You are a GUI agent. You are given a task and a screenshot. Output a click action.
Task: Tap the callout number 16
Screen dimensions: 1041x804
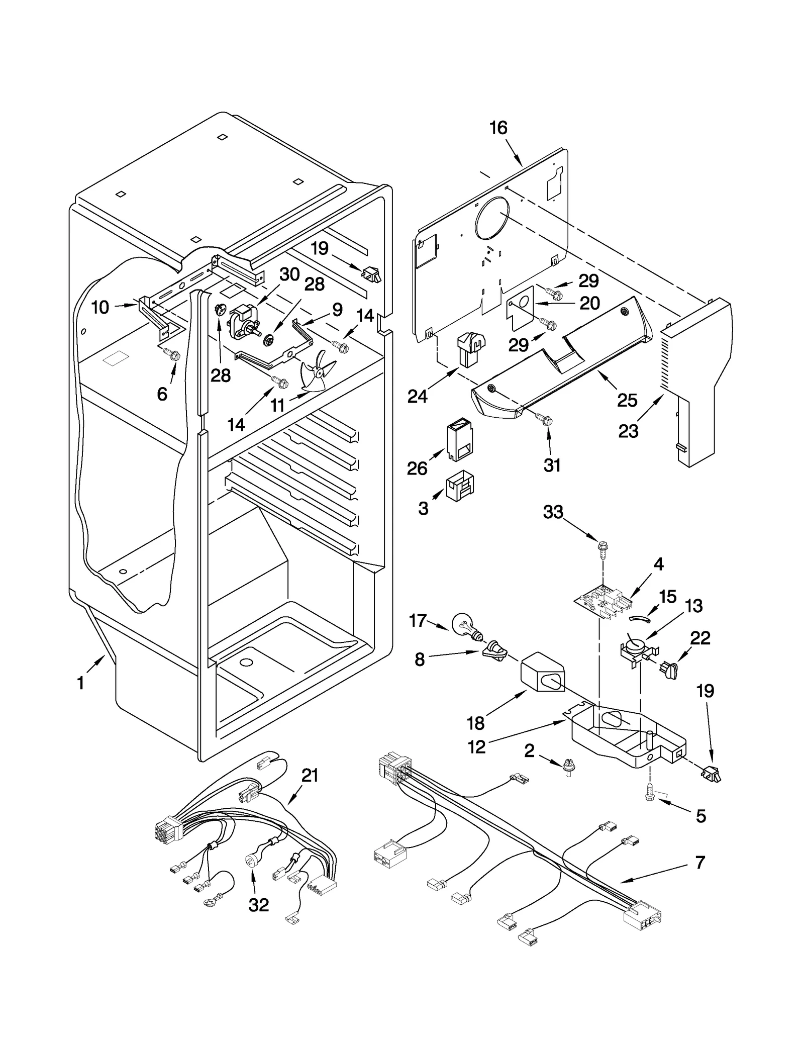tap(498, 128)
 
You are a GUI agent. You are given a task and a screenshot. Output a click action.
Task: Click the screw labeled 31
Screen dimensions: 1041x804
tap(546, 418)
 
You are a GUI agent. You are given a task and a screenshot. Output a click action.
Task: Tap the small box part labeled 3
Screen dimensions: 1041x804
tap(460, 487)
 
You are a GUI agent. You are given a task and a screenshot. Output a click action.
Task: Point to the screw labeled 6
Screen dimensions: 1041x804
tap(173, 355)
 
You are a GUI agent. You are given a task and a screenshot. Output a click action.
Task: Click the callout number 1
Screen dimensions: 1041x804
tap(80, 683)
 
